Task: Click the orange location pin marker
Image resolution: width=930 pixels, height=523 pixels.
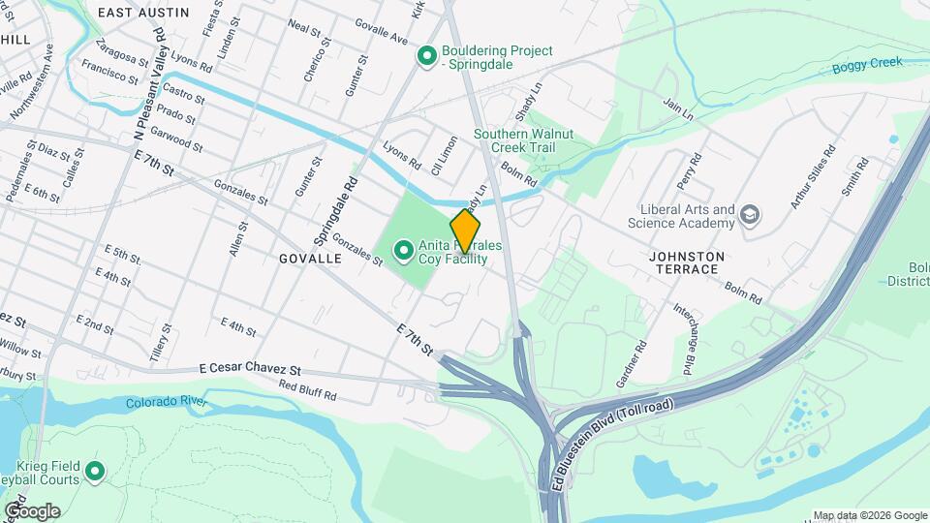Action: (466, 231)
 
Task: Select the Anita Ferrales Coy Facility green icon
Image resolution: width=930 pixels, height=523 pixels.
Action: (403, 253)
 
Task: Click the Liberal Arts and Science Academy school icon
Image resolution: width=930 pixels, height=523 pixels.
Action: (749, 214)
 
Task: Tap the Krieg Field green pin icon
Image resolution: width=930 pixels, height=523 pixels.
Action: (95, 472)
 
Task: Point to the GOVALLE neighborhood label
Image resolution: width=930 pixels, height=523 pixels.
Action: (310, 260)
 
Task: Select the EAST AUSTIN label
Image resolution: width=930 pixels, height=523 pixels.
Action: (142, 12)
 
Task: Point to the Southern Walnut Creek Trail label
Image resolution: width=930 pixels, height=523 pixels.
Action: (523, 140)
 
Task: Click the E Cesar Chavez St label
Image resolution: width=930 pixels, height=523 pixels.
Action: (250, 370)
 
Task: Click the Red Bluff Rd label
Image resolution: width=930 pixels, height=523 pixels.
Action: (307, 390)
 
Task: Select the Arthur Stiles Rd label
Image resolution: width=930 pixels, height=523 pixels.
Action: (812, 177)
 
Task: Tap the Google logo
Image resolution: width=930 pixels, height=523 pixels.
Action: (32, 511)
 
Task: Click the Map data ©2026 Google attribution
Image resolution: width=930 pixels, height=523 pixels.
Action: (870, 515)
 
